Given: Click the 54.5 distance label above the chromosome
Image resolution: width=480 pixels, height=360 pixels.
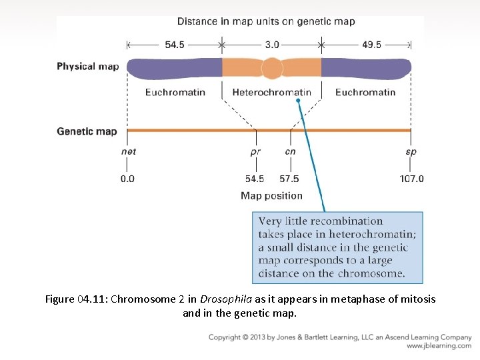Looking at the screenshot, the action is point(175,45).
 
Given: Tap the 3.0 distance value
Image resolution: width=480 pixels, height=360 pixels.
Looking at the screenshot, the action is point(272,45).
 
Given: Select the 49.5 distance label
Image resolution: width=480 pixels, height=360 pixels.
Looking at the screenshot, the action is point(371,45).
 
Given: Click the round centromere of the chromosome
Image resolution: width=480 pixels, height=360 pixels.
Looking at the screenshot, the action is point(272,69).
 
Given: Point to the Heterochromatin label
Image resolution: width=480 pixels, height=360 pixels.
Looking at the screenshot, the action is point(271,92).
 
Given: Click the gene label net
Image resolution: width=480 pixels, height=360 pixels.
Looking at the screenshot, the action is point(129,151).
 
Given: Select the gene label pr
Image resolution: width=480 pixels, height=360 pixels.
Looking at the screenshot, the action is point(255,152).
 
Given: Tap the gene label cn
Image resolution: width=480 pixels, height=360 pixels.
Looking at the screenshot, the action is point(290,151).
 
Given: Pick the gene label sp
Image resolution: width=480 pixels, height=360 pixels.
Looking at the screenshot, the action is point(411,152).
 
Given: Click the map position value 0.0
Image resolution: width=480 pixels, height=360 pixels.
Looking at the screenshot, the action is point(127,179).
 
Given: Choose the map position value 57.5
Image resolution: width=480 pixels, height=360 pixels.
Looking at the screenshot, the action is point(289,179).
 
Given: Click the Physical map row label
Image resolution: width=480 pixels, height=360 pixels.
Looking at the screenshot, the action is point(87,66).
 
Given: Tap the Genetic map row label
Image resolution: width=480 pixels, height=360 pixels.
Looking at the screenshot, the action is point(87,131).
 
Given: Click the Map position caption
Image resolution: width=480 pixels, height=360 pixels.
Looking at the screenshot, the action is point(271,196).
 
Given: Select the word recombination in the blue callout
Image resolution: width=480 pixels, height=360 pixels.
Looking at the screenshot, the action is point(347,221).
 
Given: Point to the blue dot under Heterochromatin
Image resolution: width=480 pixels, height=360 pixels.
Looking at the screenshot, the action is point(299,101).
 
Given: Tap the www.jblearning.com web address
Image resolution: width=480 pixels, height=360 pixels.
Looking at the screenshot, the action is point(439,346).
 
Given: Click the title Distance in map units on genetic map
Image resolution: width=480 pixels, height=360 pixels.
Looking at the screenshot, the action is point(266,21).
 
